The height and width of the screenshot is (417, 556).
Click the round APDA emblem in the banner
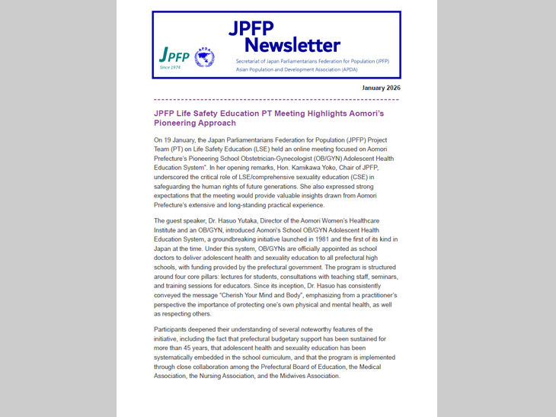(x=205, y=57)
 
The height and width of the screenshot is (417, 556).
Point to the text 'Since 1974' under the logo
(x=171, y=68)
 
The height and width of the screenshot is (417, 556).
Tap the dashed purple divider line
(x=276, y=100)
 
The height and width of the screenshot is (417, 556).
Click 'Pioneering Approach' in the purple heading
(x=195, y=123)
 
